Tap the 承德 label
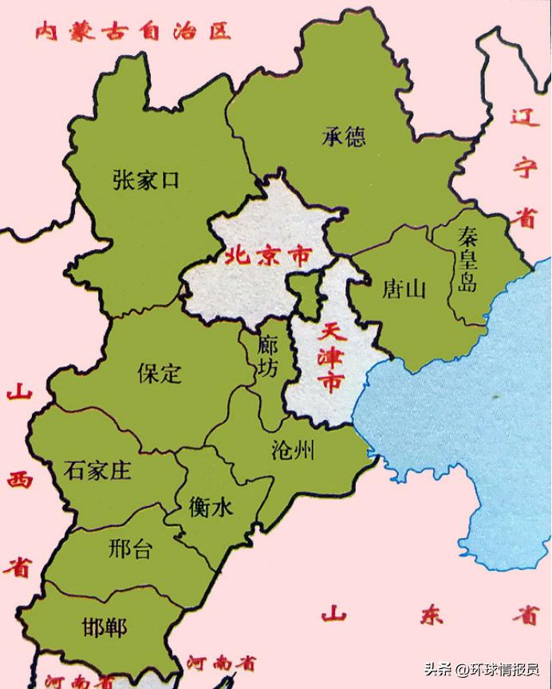[x=344, y=137]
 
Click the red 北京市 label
[x=266, y=257]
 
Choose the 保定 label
[x=159, y=373]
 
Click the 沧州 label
[x=293, y=452]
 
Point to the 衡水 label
[x=211, y=506]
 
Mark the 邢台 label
[x=129, y=549]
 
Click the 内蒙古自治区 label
[x=132, y=31]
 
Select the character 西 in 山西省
[x=18, y=481]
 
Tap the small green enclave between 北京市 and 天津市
[x=302, y=291]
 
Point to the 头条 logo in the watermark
[x=436, y=670]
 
